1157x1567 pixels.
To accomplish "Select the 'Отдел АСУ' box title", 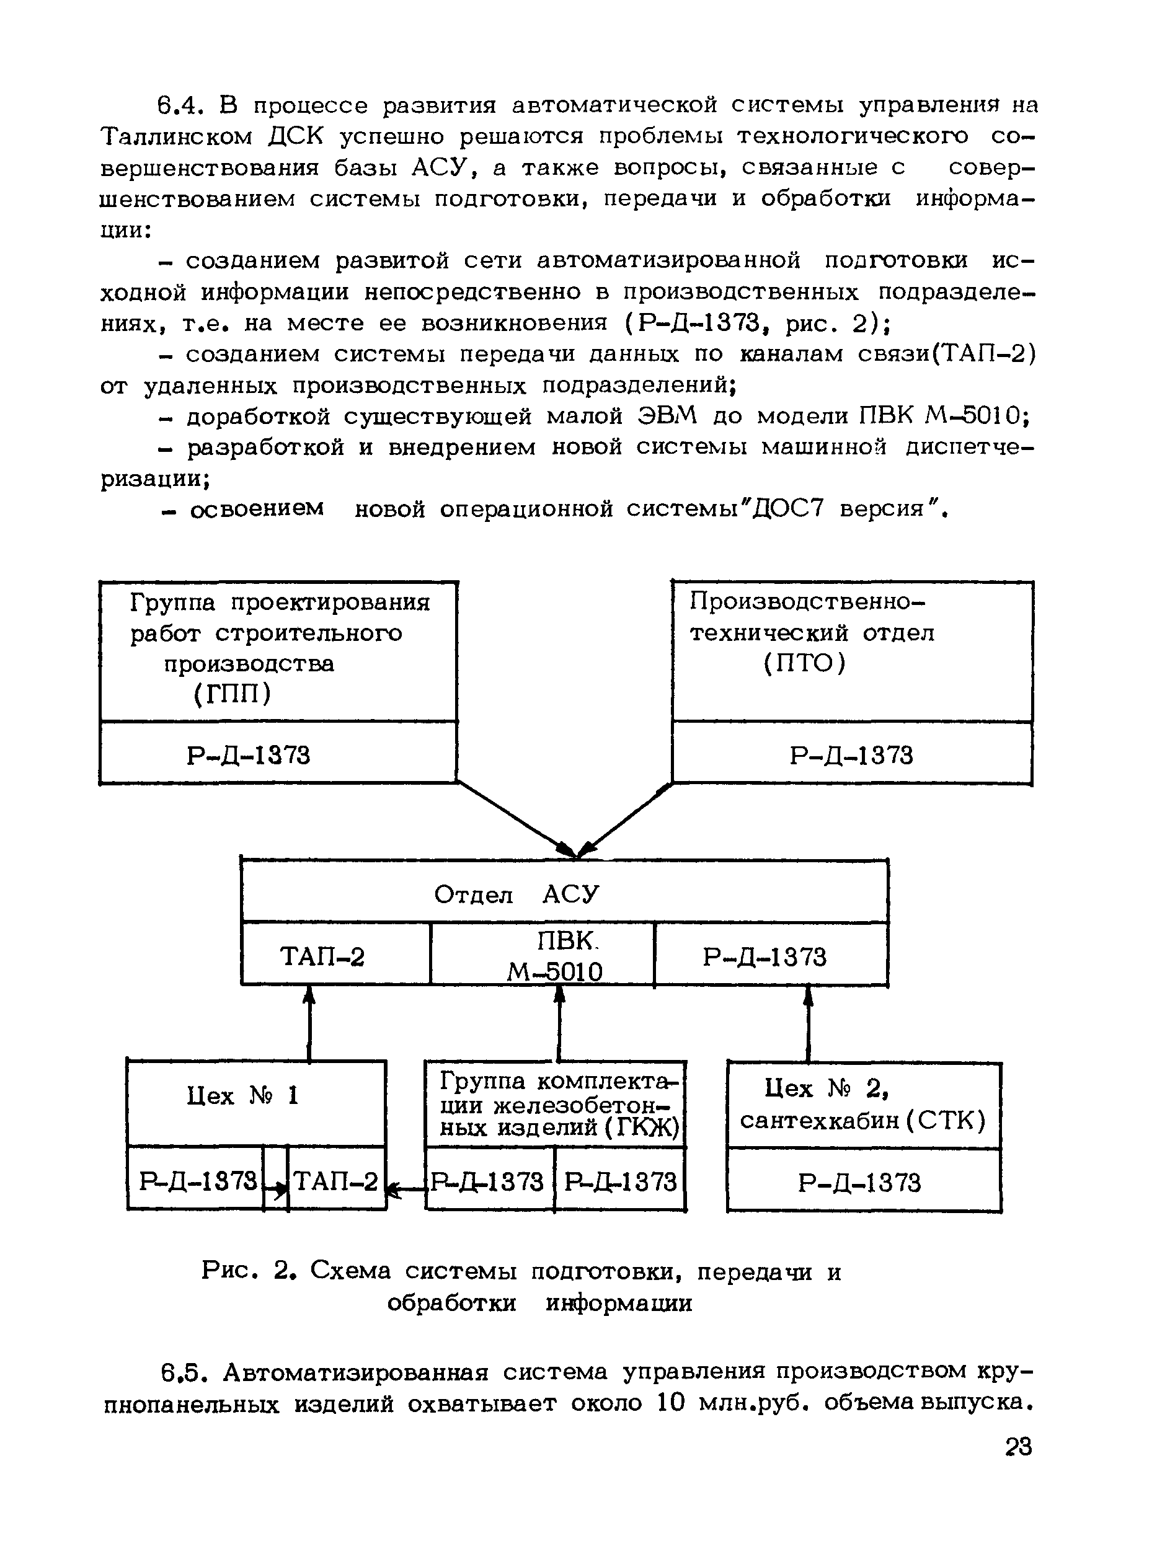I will [516, 894].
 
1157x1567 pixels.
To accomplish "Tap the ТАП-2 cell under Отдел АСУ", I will [322, 956].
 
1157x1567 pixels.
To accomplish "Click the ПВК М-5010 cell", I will [556, 956].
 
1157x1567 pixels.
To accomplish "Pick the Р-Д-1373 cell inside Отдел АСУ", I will [765, 957].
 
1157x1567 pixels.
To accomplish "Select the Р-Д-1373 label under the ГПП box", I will [249, 755].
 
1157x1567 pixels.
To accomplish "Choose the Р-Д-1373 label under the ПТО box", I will [852, 756].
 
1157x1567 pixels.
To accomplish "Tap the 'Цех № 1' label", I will [243, 1096].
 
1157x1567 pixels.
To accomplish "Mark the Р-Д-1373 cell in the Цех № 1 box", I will [198, 1181].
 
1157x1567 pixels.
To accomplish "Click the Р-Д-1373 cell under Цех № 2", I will [859, 1183].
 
